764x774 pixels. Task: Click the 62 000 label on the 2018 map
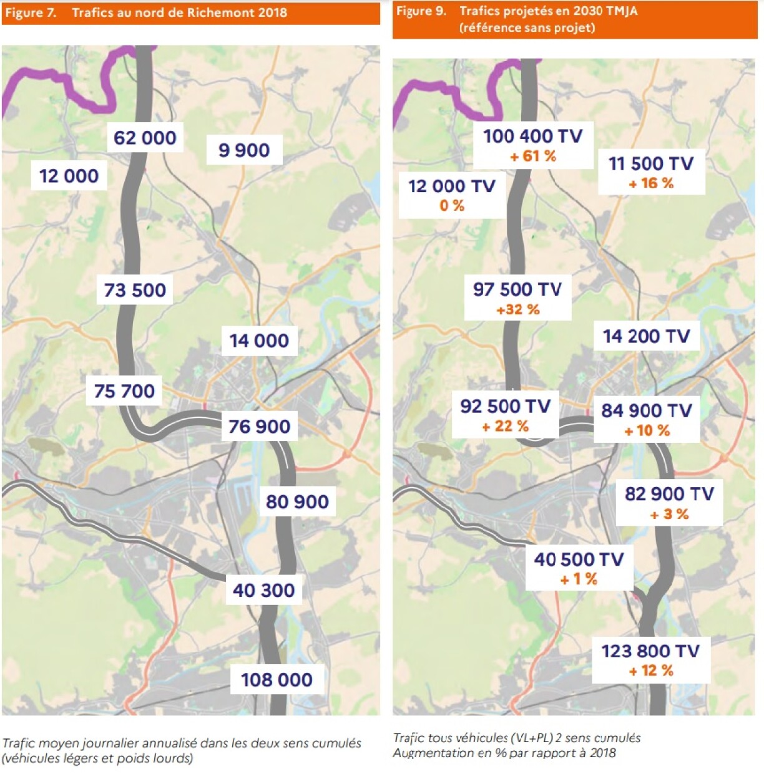pyautogui.click(x=145, y=138)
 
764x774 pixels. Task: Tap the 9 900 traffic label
pyautogui.click(x=244, y=150)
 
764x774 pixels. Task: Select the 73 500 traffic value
pyautogui.click(x=135, y=290)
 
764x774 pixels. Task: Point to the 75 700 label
pyautogui.click(x=124, y=391)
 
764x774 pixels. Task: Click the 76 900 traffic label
pyautogui.click(x=259, y=427)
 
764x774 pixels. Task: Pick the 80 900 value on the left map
pyautogui.click(x=297, y=501)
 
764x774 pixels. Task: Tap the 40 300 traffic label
pyautogui.click(x=263, y=590)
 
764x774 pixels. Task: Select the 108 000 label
pyautogui.click(x=277, y=680)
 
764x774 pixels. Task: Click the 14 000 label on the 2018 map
pyautogui.click(x=259, y=341)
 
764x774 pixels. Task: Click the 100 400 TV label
pyautogui.click(x=532, y=136)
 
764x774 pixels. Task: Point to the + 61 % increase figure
pyautogui.click(x=533, y=157)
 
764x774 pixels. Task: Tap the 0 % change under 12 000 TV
pyautogui.click(x=452, y=206)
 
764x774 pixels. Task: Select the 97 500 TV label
pyautogui.click(x=517, y=289)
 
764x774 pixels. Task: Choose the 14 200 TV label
pyautogui.click(x=646, y=337)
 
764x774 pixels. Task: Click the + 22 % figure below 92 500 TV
pyautogui.click(x=505, y=427)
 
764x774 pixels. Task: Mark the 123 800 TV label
pyautogui.click(x=650, y=651)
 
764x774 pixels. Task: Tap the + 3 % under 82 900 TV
pyautogui.click(x=669, y=515)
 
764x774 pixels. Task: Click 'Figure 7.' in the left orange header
pyautogui.click(x=31, y=12)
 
